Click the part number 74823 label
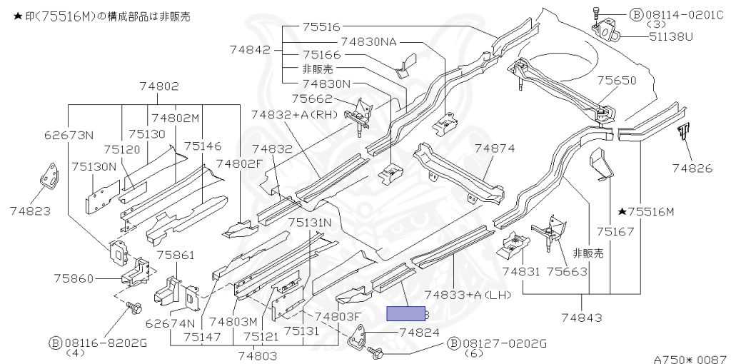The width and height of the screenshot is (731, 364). pos(30,211)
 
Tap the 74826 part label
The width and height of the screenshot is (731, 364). pos(692,168)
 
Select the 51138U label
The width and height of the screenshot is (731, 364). pos(671,36)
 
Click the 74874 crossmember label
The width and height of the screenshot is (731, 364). pos(495,148)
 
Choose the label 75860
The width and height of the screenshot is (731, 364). pos(74,278)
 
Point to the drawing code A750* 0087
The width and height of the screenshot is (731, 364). pos(692,359)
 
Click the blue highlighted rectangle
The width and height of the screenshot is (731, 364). pos(405,313)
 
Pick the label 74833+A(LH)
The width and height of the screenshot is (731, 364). pos(468,295)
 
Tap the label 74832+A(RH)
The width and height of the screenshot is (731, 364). pos(294,115)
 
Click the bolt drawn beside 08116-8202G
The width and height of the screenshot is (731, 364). pos(134,308)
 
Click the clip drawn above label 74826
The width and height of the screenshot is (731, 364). pos(683,132)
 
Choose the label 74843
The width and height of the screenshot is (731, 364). pos(581,318)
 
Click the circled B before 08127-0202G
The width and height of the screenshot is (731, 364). pos(453,344)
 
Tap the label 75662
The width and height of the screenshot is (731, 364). pos(313,98)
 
